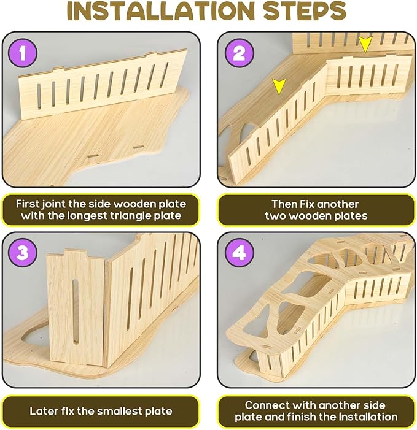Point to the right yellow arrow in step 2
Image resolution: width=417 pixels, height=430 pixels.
[x=365, y=44]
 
